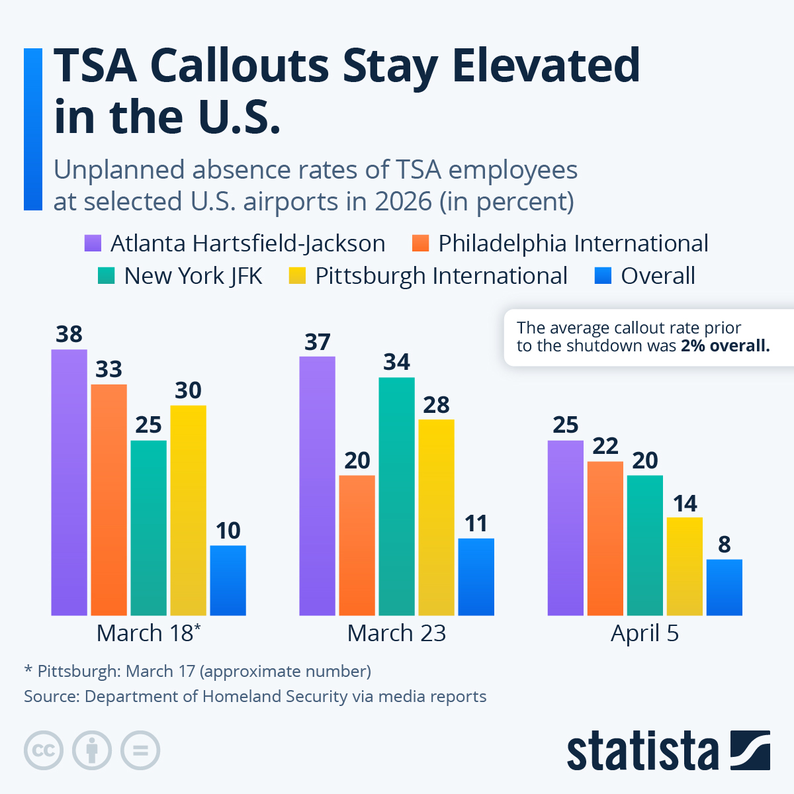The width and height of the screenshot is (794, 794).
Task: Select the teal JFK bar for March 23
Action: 396,496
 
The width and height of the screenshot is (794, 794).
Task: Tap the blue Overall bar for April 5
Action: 724,587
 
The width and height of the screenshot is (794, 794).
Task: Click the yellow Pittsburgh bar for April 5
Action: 684,566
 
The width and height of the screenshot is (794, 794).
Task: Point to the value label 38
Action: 69,334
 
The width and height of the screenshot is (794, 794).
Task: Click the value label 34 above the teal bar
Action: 396,362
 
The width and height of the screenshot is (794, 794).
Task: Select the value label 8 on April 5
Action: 724,545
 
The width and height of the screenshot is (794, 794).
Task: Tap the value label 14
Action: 685,504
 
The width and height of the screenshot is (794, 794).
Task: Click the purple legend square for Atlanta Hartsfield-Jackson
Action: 92,243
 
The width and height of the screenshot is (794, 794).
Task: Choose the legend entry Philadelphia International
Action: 573,243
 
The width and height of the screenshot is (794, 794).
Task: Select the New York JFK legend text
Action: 193,276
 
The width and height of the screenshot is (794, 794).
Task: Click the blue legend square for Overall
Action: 603,276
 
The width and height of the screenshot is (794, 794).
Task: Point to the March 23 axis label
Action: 396,633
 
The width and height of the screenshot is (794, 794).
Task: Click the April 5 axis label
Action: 644,633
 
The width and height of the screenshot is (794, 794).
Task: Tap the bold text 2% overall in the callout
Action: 725,346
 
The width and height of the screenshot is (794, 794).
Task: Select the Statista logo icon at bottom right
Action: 750,750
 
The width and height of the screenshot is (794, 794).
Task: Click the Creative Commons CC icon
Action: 44,750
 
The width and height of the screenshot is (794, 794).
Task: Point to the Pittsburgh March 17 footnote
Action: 197,671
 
